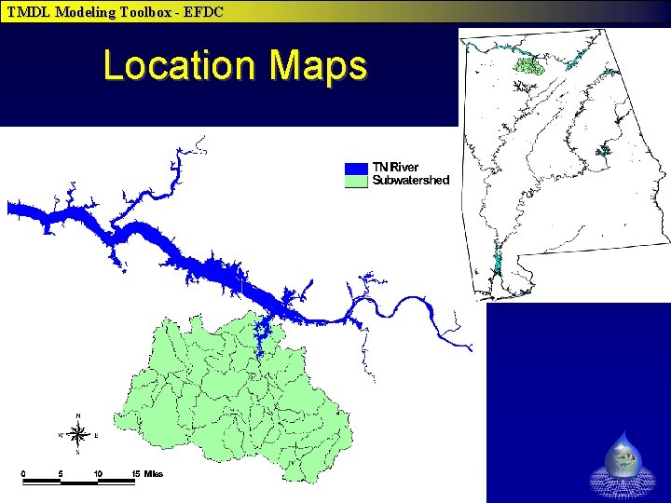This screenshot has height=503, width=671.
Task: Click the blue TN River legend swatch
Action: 357,169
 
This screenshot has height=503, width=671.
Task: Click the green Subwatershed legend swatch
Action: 357,181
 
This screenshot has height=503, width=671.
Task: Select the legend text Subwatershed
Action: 411,181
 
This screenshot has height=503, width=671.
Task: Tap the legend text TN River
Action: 396,168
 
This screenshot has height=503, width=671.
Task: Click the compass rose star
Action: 79,434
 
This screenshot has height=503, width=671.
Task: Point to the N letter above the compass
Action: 78,415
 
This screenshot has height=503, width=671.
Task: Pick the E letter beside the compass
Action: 97,435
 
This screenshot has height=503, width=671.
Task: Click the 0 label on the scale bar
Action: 23,473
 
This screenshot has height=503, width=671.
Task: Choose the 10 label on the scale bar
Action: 97,473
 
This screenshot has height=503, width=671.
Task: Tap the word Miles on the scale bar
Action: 154,473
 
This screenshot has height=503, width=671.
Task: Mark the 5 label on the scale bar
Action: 61,473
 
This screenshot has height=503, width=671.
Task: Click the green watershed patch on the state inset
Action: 528,65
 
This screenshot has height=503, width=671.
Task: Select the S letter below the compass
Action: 79,454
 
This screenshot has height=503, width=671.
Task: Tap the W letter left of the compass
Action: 61,435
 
